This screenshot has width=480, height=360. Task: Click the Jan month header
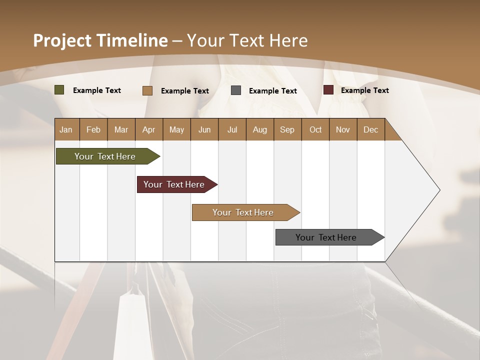click(x=66, y=129)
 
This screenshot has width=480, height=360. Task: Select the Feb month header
click(x=93, y=129)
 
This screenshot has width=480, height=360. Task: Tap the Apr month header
click(x=148, y=129)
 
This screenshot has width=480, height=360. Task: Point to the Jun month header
click(x=204, y=129)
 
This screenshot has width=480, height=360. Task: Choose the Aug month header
click(x=259, y=129)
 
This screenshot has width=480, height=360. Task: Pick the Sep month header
click(x=287, y=129)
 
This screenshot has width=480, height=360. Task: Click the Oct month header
click(x=315, y=129)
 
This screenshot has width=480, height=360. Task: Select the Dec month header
click(x=370, y=129)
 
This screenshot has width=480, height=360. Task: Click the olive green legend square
click(x=59, y=90)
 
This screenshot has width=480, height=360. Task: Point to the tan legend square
click(x=147, y=90)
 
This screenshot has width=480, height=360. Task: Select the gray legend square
click(x=236, y=90)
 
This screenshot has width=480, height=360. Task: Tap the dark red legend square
click(x=328, y=90)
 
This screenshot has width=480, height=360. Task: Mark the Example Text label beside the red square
click(x=364, y=90)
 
